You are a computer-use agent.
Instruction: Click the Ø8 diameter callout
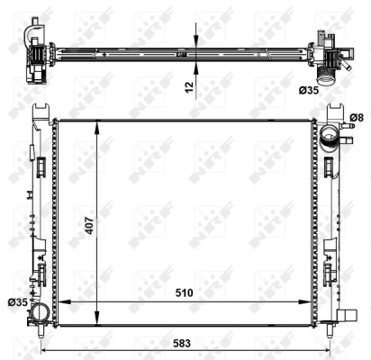(x=356, y=117)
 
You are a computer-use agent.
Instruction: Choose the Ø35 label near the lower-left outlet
(x=17, y=301)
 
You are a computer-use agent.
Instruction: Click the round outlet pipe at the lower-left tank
(x=41, y=314)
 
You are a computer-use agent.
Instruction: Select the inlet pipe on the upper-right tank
(x=330, y=139)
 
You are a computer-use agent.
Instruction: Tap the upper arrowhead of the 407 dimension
(x=96, y=124)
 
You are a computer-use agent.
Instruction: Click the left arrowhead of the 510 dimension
(x=62, y=301)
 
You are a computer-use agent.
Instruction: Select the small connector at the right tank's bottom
(x=348, y=316)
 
